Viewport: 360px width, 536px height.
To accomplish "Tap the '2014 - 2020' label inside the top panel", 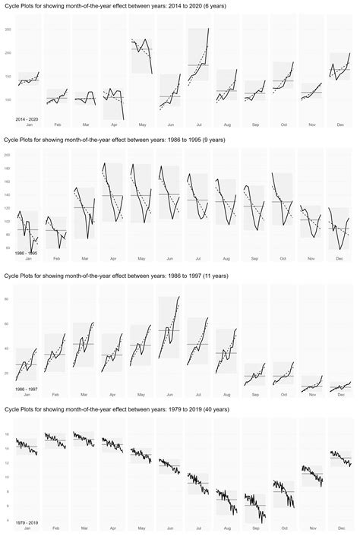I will point(27,119).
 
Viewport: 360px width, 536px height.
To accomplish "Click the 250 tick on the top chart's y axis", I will point(7,30).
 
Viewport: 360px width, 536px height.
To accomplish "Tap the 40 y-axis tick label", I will point(8,348).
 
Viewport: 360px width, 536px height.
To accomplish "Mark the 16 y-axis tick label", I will point(8,434).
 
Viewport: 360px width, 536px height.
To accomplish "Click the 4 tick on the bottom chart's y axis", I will point(8,520).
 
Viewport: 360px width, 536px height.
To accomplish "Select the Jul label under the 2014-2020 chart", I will point(198,124).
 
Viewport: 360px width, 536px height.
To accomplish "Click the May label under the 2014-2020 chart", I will point(141,124).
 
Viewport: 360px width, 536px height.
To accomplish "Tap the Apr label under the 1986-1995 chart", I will point(113,258).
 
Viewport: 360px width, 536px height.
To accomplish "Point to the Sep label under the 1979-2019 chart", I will point(254,528).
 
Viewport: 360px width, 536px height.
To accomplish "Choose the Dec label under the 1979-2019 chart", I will point(339,528).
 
